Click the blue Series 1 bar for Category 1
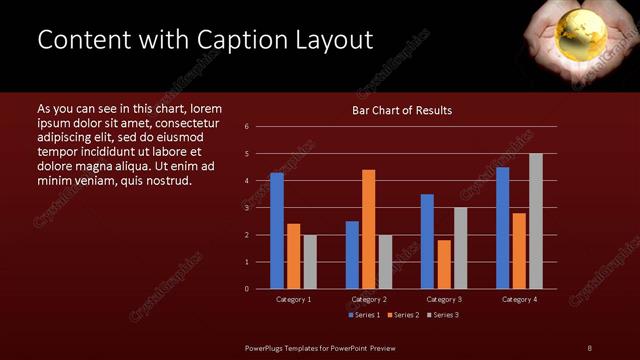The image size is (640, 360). pos(277,231)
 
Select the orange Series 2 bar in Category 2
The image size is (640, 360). pos(369,229)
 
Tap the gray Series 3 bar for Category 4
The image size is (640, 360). pos(535,221)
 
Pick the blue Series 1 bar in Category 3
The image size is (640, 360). pos(427,241)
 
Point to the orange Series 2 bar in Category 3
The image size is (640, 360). pos(444,264)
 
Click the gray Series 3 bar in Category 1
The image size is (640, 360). pos(310,262)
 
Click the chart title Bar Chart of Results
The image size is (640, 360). pos(402,110)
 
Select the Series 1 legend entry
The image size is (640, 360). pos(363,315)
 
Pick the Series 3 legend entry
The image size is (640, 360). pos(441,315)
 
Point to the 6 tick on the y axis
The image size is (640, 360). pos(260,127)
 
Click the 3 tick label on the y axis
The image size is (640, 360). pos(260,208)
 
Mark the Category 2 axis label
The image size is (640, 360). pos(369,299)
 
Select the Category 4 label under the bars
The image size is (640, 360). pos(519,299)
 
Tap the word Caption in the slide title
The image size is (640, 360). pos(238,40)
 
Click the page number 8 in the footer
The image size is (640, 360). pos(589,348)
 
